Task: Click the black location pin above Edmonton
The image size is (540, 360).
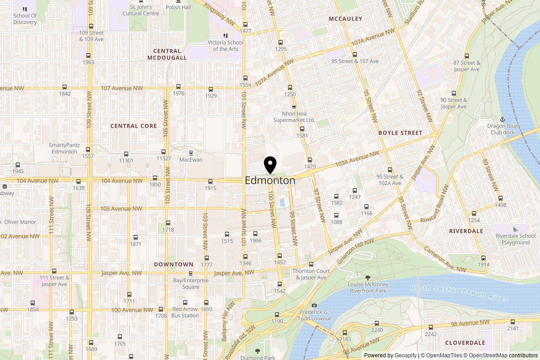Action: click(270, 164)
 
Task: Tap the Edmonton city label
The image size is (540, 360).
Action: click(270, 180)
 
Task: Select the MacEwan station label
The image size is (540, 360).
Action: click(191, 160)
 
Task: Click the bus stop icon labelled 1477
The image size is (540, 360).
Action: click(245, 25)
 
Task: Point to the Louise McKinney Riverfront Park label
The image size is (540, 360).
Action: click(368, 288)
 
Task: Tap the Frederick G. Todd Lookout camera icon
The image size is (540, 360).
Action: click(314, 306)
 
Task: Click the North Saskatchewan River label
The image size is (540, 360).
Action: click(459, 293)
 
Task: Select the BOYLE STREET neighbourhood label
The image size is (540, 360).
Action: click(400, 133)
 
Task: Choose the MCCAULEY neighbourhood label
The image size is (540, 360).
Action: click(345, 19)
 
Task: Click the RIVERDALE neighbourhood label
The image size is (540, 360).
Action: click(466, 231)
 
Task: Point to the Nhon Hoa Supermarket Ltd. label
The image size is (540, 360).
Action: click(295, 117)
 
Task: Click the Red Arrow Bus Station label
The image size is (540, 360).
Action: click(185, 312)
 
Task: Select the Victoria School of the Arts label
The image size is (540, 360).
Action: click(225, 46)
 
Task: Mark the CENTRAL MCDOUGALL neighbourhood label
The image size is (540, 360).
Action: click(167, 54)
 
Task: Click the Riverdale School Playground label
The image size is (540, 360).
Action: click(515, 239)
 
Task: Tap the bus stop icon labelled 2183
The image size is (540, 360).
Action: click(346, 332)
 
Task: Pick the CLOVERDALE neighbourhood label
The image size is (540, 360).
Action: click(465, 342)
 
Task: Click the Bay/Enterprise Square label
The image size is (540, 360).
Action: click(190, 283)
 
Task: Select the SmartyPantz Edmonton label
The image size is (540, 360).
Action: click(63, 148)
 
